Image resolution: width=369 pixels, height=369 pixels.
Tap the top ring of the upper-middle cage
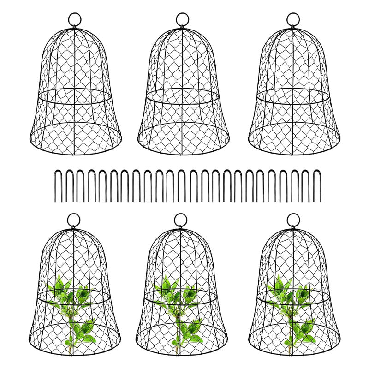click(x=183, y=19)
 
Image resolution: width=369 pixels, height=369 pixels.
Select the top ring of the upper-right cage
click(x=293, y=19)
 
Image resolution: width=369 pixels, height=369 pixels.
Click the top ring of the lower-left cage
click(x=73, y=220)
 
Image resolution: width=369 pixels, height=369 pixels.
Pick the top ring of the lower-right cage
click(x=293, y=220)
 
